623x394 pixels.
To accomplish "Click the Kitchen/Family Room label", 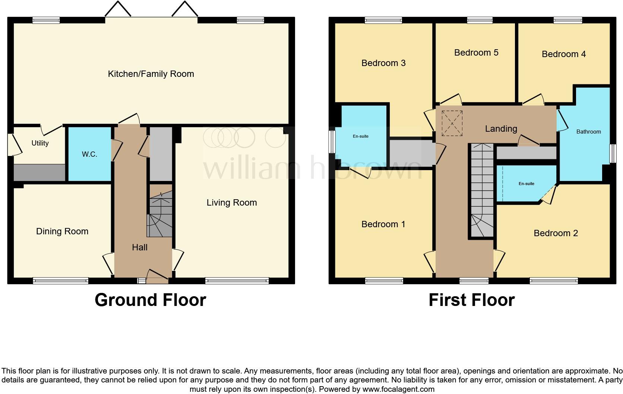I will coord(151,74).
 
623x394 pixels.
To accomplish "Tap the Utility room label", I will coord(40,143).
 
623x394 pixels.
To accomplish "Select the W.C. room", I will coord(89,154).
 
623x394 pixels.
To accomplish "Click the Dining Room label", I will coord(62,231).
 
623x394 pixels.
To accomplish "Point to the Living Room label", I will coord(232,203).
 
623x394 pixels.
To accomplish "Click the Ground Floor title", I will coord(150,300).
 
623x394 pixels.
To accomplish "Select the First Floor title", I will coord(471,300).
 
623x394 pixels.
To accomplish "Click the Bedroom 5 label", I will coord(476,53).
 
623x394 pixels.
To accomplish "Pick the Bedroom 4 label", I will coord(563,54).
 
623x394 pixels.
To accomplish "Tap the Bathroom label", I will coord(588,132).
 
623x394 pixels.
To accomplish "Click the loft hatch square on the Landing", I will coord(452,123).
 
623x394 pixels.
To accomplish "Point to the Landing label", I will coord(501,129).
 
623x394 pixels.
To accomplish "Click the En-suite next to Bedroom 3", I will coord(360,137).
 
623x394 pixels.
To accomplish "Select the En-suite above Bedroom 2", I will coord(526,184).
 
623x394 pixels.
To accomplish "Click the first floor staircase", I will coord(482,190).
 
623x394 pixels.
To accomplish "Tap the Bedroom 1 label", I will coord(383,224).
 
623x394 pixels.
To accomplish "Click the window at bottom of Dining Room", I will coord(60,281).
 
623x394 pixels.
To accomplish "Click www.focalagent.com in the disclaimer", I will coord(398,389).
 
